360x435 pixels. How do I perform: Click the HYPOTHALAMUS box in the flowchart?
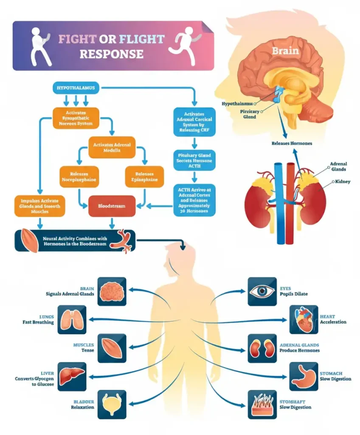click(76, 88)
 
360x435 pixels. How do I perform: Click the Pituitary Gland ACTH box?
click(194, 161)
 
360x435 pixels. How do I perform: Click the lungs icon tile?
click(72, 319)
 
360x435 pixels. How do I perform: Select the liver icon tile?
click(71, 376)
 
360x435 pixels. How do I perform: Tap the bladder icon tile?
click(112, 404)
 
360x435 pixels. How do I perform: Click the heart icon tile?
click(304, 319)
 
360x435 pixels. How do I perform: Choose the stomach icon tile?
click(304, 376)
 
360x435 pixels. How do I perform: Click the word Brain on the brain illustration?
click(285, 51)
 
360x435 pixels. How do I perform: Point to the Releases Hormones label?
click(292, 144)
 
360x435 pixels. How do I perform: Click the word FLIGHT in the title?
click(141, 40)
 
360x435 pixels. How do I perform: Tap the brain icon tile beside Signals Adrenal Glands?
click(112, 291)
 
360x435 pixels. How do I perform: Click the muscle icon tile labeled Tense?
click(112, 348)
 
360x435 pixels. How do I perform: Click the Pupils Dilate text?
click(293, 294)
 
